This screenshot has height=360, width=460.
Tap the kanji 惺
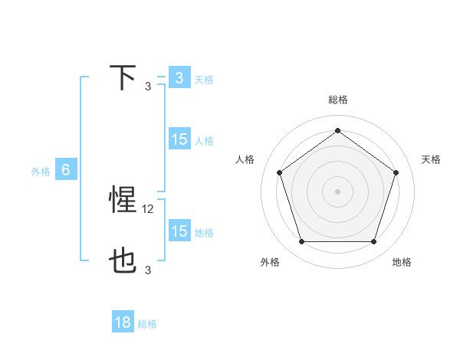tap(123, 200)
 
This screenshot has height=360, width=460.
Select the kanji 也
tap(123, 261)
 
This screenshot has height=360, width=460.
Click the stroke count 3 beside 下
tap(148, 86)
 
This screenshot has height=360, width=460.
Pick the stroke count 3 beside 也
tap(148, 270)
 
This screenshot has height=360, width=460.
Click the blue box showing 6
tap(66, 170)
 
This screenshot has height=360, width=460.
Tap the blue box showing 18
tap(123, 322)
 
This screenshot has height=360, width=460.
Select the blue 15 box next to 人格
tap(179, 139)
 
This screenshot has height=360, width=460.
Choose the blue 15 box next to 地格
tap(179, 231)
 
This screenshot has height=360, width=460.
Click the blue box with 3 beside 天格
tap(179, 78)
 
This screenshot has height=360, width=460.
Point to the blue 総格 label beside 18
tap(147, 324)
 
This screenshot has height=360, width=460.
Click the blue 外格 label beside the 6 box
tap(41, 172)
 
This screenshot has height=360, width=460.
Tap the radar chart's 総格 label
tap(338, 100)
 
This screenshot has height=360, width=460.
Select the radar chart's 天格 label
tap(432, 159)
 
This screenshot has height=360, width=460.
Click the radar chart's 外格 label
tap(270, 262)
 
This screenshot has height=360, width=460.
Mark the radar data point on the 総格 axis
tap(337, 130)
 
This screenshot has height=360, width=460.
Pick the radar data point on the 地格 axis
tap(373, 242)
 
